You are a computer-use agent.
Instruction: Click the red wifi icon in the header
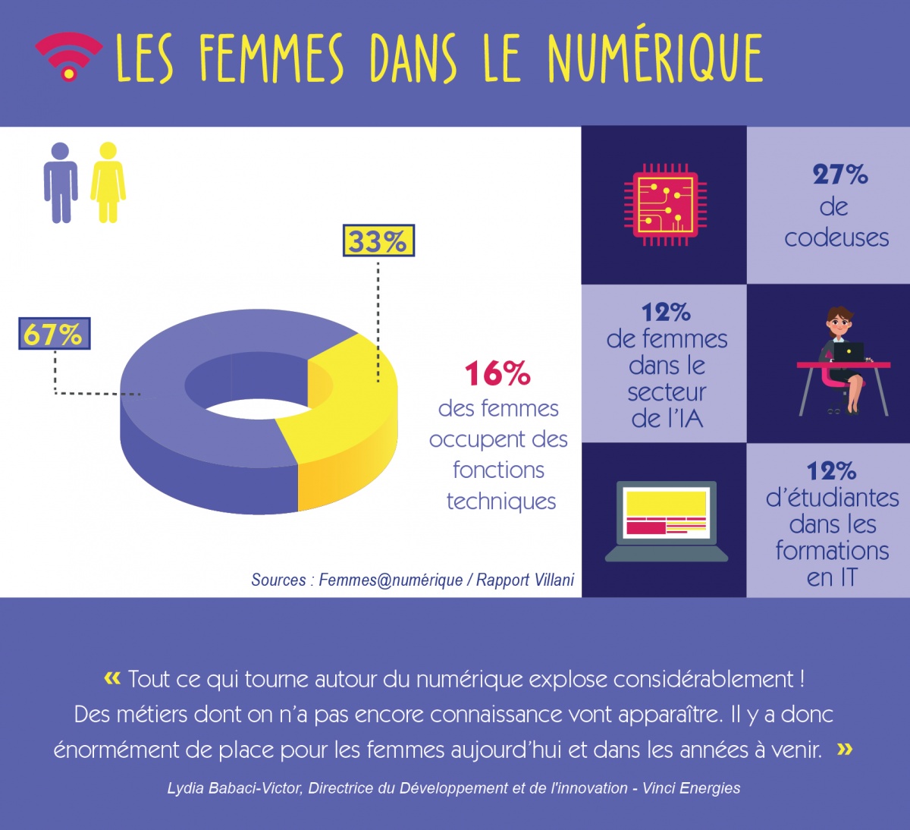(x=68, y=57)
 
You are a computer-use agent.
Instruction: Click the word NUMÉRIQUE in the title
(x=654, y=58)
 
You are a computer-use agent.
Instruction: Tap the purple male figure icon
(x=61, y=182)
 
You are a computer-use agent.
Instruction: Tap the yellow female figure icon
(x=108, y=182)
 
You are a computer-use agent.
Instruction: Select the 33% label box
(x=378, y=241)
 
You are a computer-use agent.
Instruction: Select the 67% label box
(x=54, y=334)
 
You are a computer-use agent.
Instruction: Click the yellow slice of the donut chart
(x=345, y=425)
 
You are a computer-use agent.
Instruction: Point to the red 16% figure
(x=497, y=374)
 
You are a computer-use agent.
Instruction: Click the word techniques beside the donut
(x=501, y=501)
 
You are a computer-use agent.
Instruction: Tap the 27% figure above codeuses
(x=839, y=175)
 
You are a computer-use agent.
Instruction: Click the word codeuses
(x=836, y=238)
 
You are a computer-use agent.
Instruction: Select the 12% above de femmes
(x=666, y=313)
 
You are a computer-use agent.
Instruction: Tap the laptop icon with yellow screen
(x=666, y=520)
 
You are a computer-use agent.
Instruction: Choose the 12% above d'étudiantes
(x=831, y=471)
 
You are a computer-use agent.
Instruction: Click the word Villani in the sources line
(x=547, y=580)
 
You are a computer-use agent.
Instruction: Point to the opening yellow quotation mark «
(x=112, y=678)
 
